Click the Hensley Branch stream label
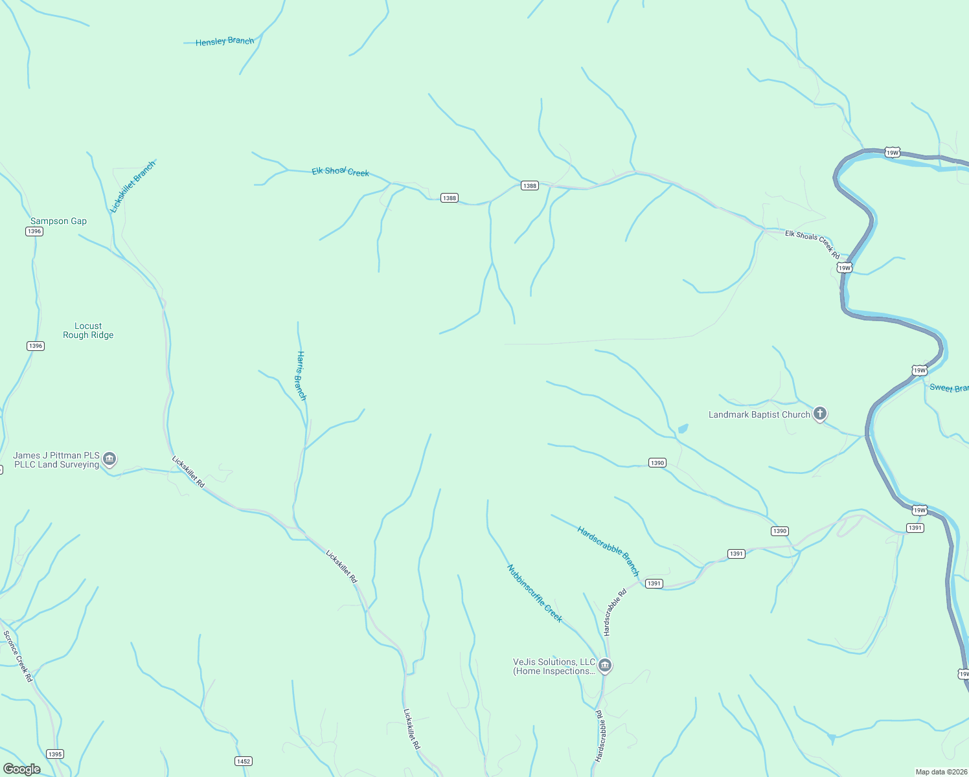(x=225, y=41)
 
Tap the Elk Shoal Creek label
(x=340, y=172)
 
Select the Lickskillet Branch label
(x=133, y=186)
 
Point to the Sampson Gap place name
(x=58, y=221)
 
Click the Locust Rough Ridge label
(x=88, y=331)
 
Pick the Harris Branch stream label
(x=301, y=376)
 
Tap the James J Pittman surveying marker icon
(x=109, y=459)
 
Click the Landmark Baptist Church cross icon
(x=820, y=414)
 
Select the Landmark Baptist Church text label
(x=759, y=414)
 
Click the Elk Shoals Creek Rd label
(x=812, y=244)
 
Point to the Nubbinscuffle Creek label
(x=534, y=593)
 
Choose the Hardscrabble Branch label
(x=608, y=551)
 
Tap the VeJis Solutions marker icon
(x=605, y=665)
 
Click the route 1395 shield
(x=55, y=754)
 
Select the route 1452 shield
(x=244, y=761)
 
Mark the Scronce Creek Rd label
(x=17, y=656)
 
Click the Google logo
(x=21, y=769)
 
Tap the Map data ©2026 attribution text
(x=941, y=772)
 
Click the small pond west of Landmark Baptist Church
(x=682, y=429)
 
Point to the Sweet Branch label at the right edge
(x=949, y=388)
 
